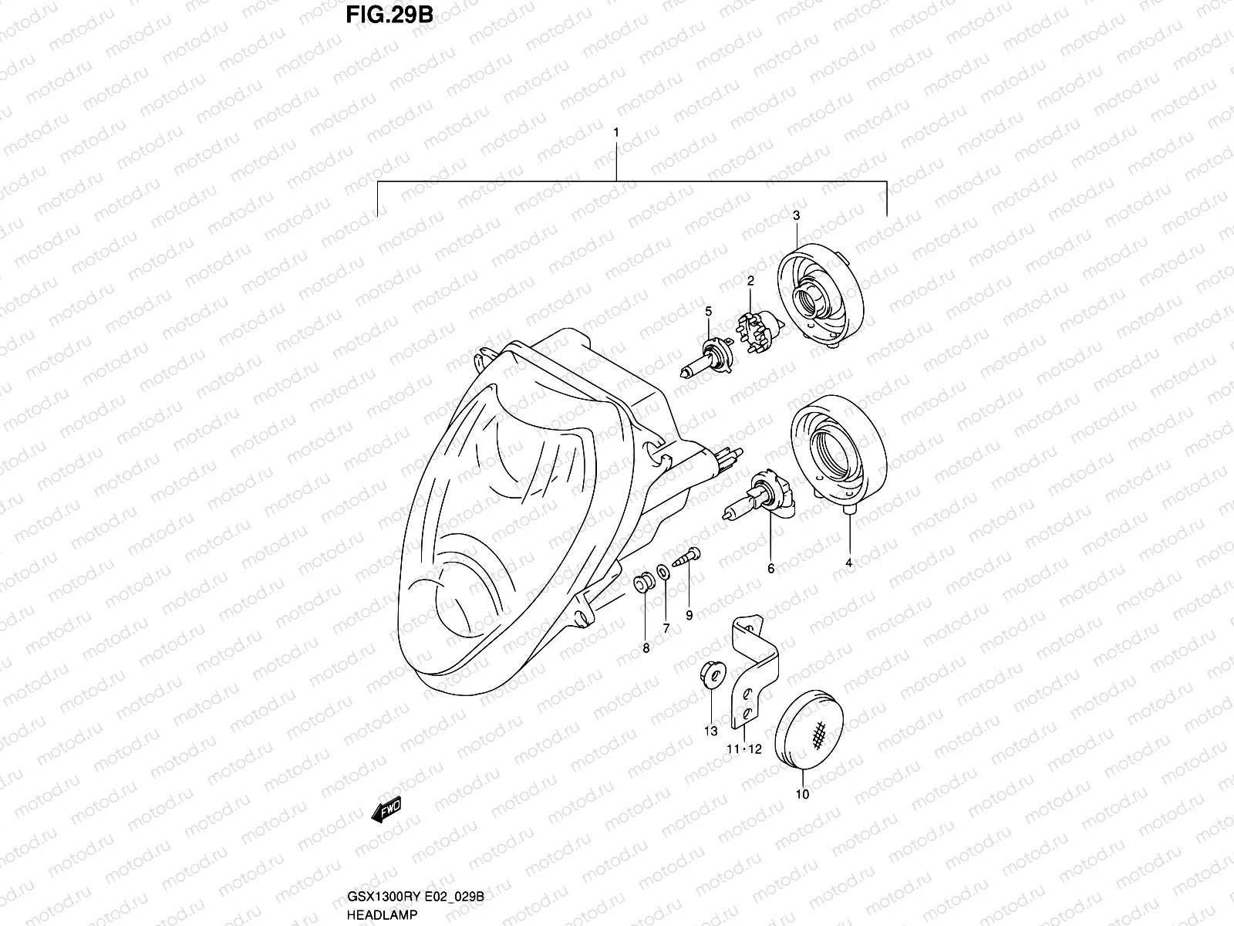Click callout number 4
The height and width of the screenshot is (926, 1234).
click(x=848, y=563)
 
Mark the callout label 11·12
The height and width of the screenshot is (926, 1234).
click(x=743, y=749)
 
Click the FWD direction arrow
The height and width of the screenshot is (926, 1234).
click(x=386, y=809)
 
